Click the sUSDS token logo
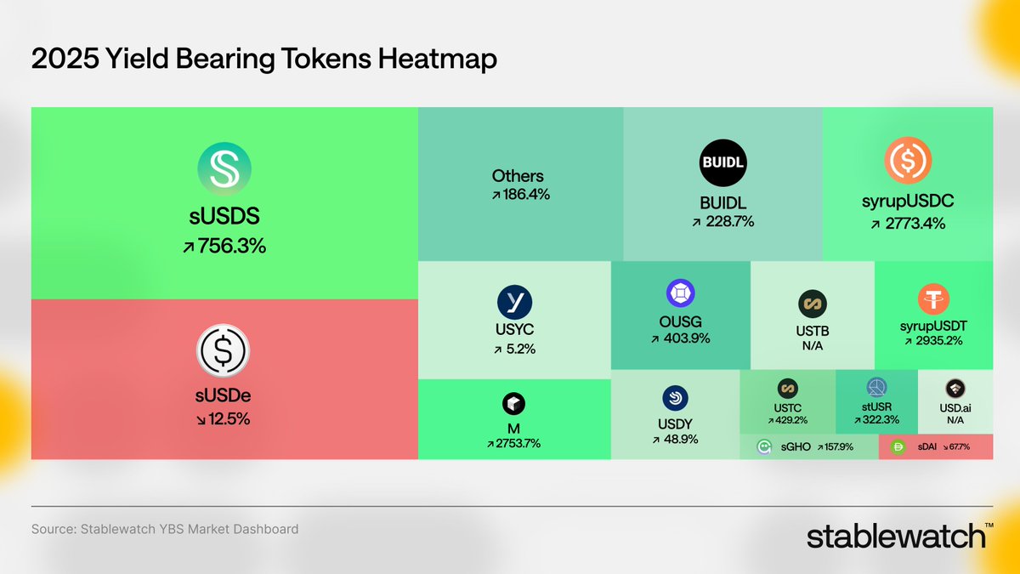click(x=224, y=168)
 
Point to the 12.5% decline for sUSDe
click(x=224, y=418)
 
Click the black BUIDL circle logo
click(x=722, y=162)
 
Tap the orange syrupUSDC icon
click(x=907, y=161)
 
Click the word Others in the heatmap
click(x=518, y=176)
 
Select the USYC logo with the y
click(x=514, y=302)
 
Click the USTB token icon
click(x=813, y=304)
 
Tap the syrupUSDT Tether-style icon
click(x=933, y=299)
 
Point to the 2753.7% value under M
click(x=513, y=443)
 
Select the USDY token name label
click(x=676, y=423)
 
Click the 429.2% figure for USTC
click(x=787, y=420)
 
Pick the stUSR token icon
click(x=876, y=388)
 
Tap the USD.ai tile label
click(x=955, y=408)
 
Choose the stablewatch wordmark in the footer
click(x=897, y=537)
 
